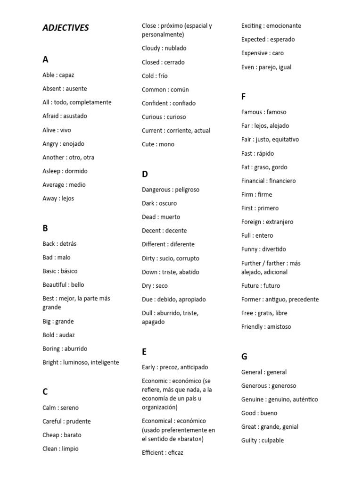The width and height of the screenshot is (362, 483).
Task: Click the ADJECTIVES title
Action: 66,28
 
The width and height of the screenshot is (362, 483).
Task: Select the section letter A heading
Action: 45,59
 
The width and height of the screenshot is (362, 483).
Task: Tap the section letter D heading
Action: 145,174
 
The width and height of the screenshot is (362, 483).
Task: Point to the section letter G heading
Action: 244,357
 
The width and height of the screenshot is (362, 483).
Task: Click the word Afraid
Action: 51,116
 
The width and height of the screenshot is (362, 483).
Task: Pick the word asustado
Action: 75,116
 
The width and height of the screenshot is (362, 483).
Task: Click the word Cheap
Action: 51,435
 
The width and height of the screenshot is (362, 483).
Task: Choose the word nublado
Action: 175,48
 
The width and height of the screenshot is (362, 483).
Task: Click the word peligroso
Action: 187,190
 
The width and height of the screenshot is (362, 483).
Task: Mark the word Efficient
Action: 154,453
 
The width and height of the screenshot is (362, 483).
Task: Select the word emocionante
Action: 284,26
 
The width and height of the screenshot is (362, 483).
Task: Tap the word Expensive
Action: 255,53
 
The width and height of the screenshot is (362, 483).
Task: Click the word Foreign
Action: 251,222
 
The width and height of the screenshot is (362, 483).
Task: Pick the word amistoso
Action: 279,327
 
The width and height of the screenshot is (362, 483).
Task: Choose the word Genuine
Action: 253,400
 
